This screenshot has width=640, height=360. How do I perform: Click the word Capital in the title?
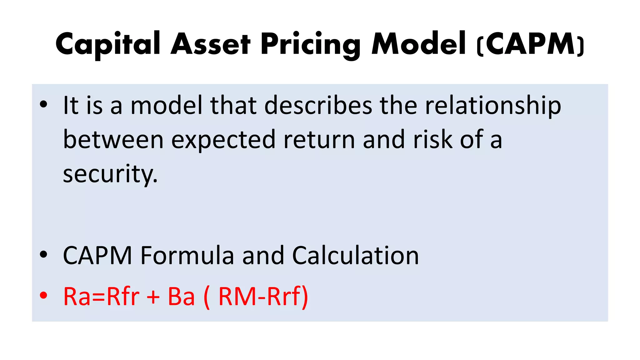click(108, 44)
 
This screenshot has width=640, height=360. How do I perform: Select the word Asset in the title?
click(211, 44)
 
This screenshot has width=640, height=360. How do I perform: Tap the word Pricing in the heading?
click(310, 45)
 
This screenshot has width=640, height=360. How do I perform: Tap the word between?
click(113, 140)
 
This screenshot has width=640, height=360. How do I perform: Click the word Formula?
click(187, 256)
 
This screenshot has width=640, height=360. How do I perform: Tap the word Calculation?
click(355, 256)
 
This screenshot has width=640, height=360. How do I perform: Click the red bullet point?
click(44, 295)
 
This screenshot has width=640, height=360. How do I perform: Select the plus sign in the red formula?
click(153, 296)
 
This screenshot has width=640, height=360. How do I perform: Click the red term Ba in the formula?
click(181, 296)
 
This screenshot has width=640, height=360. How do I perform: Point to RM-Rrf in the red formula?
click(260, 296)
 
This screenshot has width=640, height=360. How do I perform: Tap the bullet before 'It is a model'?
click(44, 105)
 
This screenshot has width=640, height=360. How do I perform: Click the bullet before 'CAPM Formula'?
click(44, 255)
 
